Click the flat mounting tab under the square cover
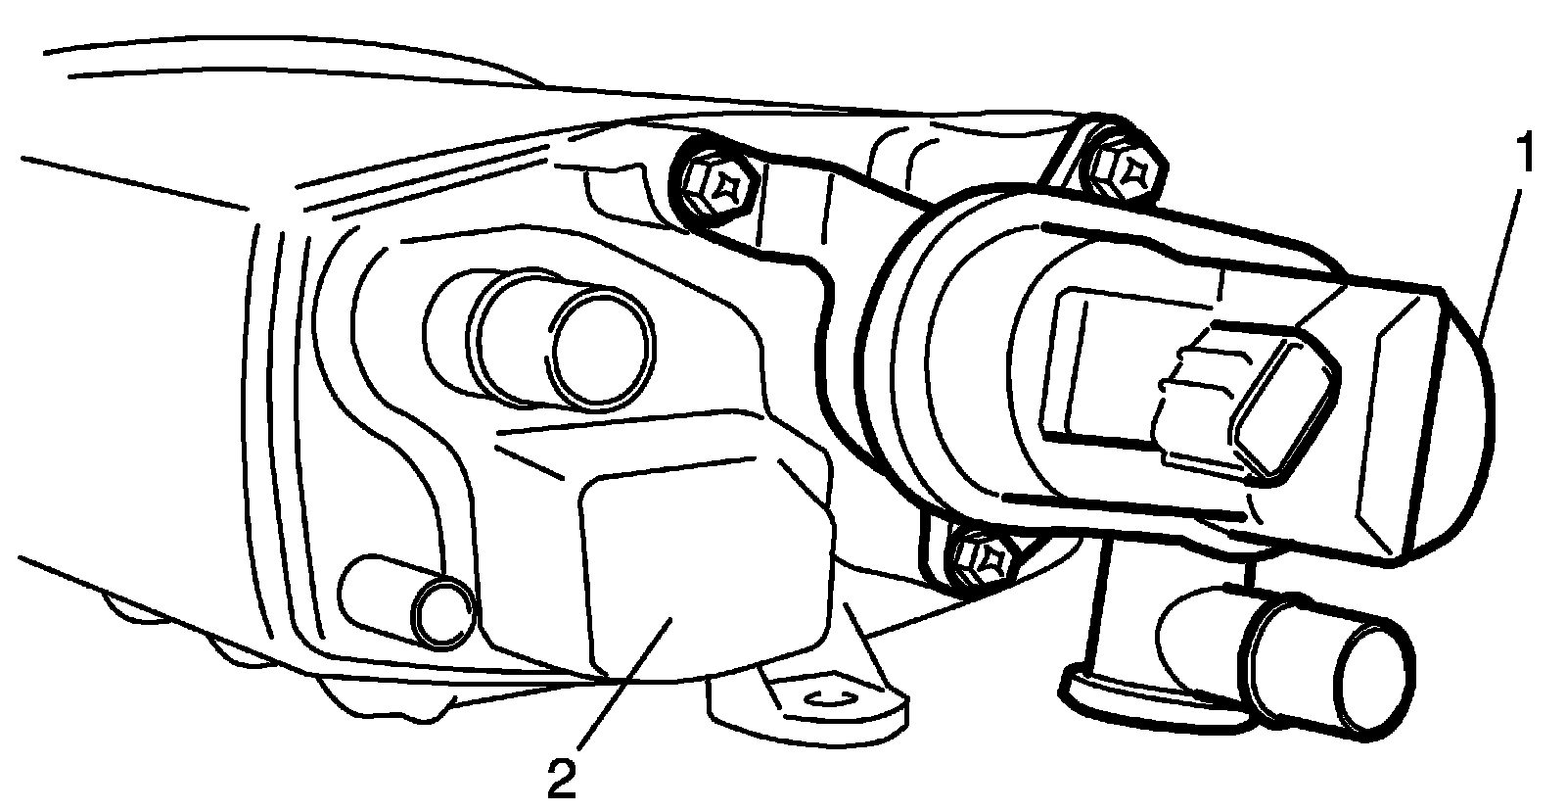[x=812, y=700]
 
